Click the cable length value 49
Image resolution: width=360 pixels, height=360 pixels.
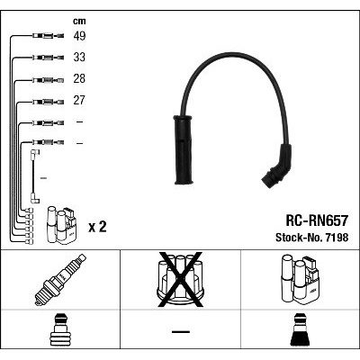[79, 36]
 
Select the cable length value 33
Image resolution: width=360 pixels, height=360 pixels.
[79, 58]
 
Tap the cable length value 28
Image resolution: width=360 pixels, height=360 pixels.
[79, 79]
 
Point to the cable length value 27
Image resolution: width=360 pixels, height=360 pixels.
[79, 100]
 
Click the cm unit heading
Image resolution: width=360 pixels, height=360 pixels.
[79, 21]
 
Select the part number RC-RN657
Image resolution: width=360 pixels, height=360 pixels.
[317, 220]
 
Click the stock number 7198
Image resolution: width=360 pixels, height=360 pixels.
[337, 238]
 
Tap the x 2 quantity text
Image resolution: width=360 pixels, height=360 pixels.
[97, 227]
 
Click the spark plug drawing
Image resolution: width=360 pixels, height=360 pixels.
[60, 280]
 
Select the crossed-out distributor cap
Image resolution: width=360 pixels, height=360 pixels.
[180, 280]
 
